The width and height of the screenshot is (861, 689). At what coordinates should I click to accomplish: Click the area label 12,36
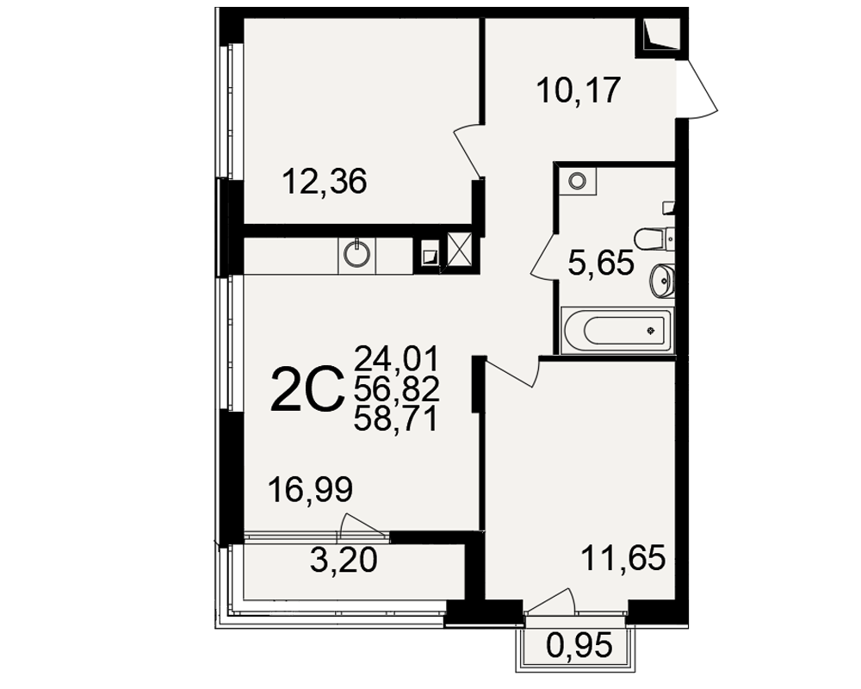[324, 182]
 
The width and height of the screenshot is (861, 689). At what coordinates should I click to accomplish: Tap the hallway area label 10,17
[579, 90]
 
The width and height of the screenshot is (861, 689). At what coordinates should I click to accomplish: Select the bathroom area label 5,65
[601, 263]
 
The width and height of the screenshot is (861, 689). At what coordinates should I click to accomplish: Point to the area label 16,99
[310, 489]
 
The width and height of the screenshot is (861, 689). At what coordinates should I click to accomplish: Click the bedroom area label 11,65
[623, 558]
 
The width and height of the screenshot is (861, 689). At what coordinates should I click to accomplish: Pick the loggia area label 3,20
[344, 561]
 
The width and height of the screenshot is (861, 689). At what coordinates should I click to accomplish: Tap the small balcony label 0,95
[579, 645]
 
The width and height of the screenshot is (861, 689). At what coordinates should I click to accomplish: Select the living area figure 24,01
[397, 358]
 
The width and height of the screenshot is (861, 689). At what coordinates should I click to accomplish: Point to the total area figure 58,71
[397, 419]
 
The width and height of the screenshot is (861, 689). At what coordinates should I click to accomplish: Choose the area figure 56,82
[397, 389]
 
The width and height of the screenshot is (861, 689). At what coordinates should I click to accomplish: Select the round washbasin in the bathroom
[661, 281]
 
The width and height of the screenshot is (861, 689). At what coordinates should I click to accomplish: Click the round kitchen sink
[357, 254]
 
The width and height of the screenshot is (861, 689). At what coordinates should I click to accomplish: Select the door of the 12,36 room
[468, 152]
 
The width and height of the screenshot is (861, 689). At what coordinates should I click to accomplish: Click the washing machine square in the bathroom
[577, 181]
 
